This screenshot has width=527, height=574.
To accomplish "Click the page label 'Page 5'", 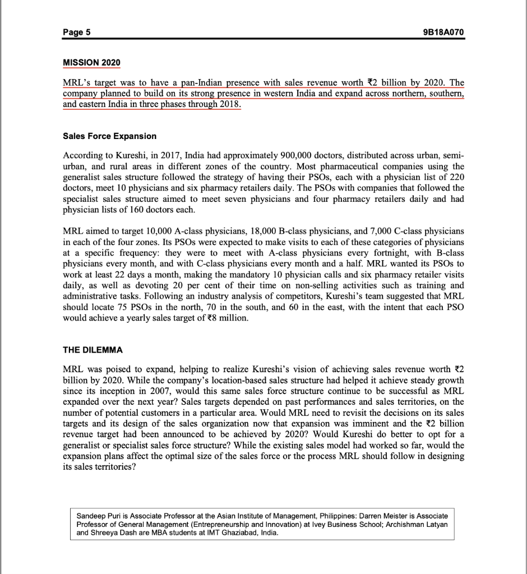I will coord(77,33).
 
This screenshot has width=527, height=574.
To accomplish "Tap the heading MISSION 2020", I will coord(91,61).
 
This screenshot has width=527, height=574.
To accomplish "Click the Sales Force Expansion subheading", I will coord(110,136).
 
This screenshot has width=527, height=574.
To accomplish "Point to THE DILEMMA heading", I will coord(93,350).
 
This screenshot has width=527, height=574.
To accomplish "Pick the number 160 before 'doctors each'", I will coord(154,209).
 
